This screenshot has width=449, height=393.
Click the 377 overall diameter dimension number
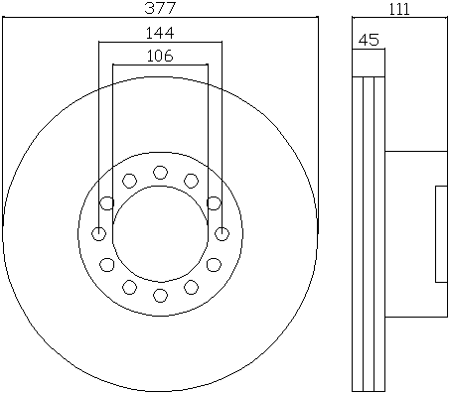point(160,8)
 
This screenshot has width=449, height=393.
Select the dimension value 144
point(160,33)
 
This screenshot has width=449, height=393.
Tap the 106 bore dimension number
point(160,56)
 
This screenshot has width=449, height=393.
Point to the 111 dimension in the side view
point(399,9)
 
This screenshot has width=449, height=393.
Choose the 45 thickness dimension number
point(369,40)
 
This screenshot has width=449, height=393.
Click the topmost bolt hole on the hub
point(160,173)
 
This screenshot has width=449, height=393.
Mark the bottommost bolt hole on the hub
point(160,296)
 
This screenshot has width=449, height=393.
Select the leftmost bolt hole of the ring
point(98,234)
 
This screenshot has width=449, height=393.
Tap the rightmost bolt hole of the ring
point(222,234)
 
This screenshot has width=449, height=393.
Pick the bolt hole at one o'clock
point(191,181)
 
